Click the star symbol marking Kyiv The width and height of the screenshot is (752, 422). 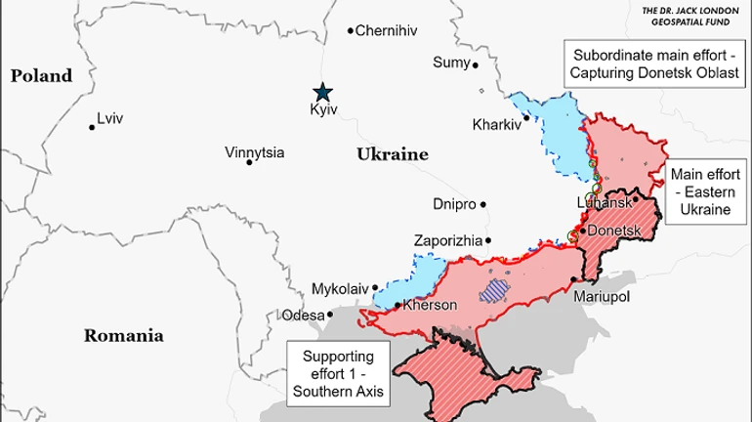pos(322,92)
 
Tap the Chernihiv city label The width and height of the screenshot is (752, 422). pos(386,31)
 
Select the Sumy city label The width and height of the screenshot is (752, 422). pos(451,63)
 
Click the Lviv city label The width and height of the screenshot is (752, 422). pos(110,120)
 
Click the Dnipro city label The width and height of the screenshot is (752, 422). pos(454,204)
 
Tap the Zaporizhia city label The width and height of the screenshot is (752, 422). pos(448,240)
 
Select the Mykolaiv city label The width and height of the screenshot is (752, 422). pos(340,289)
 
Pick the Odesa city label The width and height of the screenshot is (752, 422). pos(302,315)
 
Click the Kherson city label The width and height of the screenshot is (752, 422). pos(430,306)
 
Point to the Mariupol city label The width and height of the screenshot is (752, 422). pos(603,295)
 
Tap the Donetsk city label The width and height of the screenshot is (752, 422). pos(612,231)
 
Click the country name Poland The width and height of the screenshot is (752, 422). pos(42,75)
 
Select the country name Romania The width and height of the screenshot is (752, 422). pos(123,335)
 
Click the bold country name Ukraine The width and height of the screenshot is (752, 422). pos(393,154)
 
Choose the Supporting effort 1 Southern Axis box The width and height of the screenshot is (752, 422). pos(335,374)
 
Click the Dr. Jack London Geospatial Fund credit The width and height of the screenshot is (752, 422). pos(692,16)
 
